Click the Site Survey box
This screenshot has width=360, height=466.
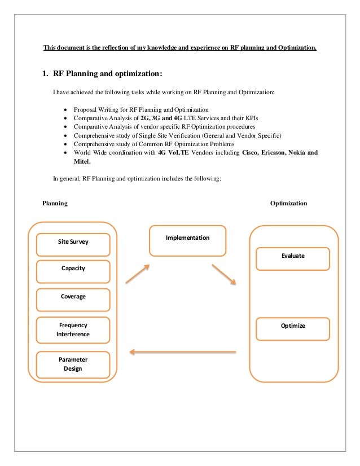coord(73,242)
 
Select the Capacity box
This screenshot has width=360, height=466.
coord(73,269)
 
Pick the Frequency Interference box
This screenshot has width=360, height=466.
coord(73,329)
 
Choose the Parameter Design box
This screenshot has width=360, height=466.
coord(73,364)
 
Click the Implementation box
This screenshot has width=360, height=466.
coord(187,239)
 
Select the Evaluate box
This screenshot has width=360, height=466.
coord(293,256)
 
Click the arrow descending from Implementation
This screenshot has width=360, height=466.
coord(225,273)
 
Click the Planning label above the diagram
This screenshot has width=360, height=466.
coord(55,203)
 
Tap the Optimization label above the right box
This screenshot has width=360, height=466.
coord(288,203)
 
